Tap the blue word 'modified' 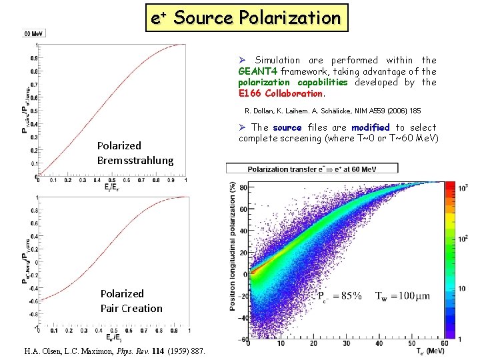370,127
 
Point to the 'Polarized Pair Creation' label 131,301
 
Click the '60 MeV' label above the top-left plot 35,33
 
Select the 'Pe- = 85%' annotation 339,295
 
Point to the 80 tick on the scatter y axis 243,187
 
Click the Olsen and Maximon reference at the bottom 115,351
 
